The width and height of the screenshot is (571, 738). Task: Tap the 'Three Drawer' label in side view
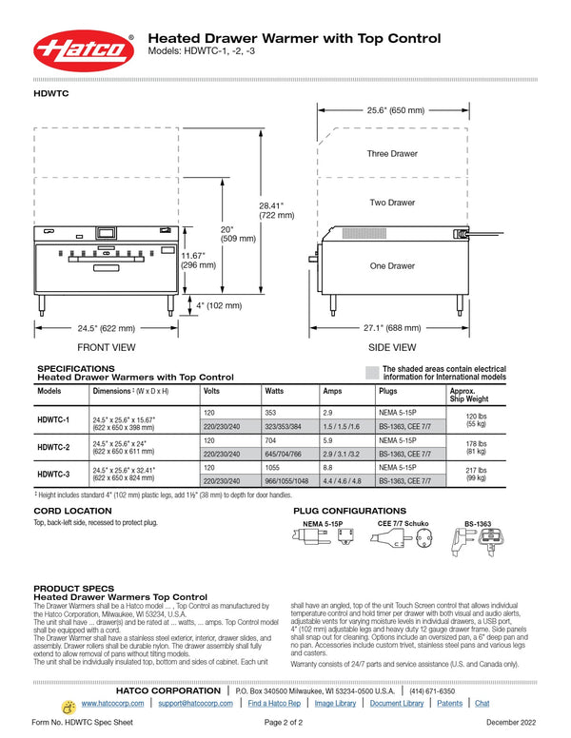coord(392,153)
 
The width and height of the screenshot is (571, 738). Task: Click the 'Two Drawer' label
coord(392,203)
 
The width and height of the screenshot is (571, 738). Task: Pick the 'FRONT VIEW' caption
coord(106,347)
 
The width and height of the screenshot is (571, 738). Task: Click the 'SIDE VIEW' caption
coord(392,347)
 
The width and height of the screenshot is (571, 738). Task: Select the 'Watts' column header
coord(274,391)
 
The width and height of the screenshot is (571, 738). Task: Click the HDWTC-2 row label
coord(53,446)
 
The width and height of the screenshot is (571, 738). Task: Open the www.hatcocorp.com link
coord(112,703)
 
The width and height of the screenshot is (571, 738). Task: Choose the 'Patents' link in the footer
coord(450,703)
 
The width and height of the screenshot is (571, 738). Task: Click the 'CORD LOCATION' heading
coord(72,511)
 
